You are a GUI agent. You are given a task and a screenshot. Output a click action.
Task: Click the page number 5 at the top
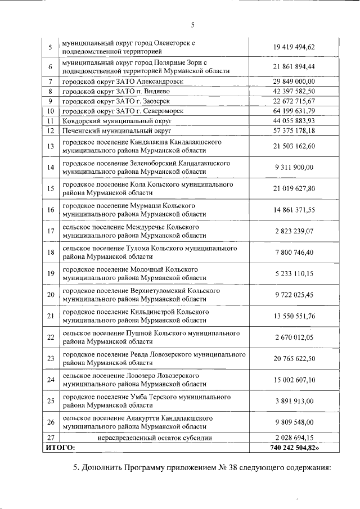coord(192,25)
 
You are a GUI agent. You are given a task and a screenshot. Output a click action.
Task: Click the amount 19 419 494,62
coord(294,47)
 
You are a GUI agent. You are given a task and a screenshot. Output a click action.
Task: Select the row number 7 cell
coord(50,82)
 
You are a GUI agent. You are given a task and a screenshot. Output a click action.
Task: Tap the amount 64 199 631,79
coord(294,111)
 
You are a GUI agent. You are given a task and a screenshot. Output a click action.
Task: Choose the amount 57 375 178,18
coord(294,130)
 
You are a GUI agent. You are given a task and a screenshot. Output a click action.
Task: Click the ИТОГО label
coord(60,448)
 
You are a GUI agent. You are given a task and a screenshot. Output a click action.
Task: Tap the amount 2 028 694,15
coord(294,438)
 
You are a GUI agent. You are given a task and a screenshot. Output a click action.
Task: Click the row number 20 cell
coord(50,295)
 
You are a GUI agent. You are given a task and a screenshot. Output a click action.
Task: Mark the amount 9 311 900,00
coord(294,167)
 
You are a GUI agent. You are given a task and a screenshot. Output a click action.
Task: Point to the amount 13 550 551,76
coord(294,316)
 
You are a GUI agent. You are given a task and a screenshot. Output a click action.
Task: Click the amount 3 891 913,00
coord(294,401)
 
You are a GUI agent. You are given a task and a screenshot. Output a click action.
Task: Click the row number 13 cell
coord(50,146)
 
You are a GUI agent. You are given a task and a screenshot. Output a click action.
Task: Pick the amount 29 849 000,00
coord(294,82)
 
